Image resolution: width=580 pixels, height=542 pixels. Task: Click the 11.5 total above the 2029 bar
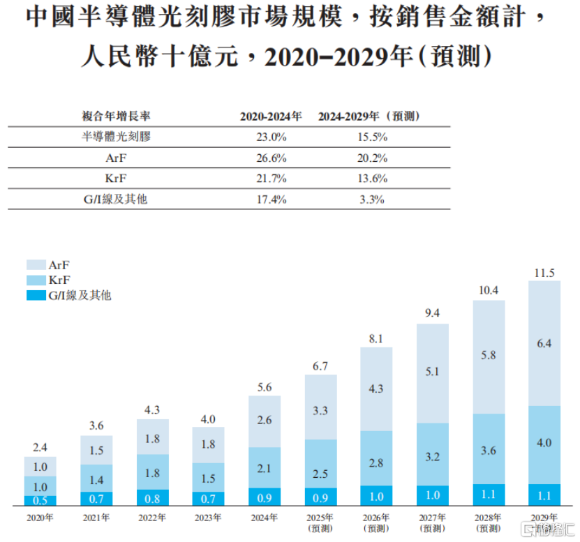[x=544, y=271]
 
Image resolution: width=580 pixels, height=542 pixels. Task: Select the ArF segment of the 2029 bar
[x=544, y=343]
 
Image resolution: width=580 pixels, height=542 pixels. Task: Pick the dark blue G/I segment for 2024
[x=265, y=497]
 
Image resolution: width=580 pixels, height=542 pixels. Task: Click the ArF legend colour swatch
[x=36, y=265]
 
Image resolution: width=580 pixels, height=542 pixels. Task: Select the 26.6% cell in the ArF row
[x=272, y=158]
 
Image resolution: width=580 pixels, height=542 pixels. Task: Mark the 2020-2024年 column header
[x=272, y=116]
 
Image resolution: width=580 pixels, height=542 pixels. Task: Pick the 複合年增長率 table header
[x=114, y=116]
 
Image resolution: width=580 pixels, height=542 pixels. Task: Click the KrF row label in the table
[x=114, y=179]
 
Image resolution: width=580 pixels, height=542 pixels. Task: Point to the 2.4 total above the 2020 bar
[x=40, y=447]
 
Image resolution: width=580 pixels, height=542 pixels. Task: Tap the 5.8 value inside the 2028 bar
[x=489, y=374]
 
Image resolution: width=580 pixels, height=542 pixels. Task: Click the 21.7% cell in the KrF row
[x=272, y=179]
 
